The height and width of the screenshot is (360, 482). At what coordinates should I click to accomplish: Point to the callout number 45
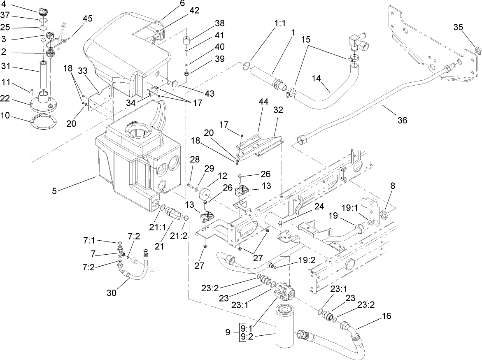click(x=87, y=19)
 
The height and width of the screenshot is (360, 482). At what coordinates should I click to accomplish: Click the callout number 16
click(x=386, y=316)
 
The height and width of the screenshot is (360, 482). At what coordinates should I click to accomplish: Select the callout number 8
click(x=393, y=186)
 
